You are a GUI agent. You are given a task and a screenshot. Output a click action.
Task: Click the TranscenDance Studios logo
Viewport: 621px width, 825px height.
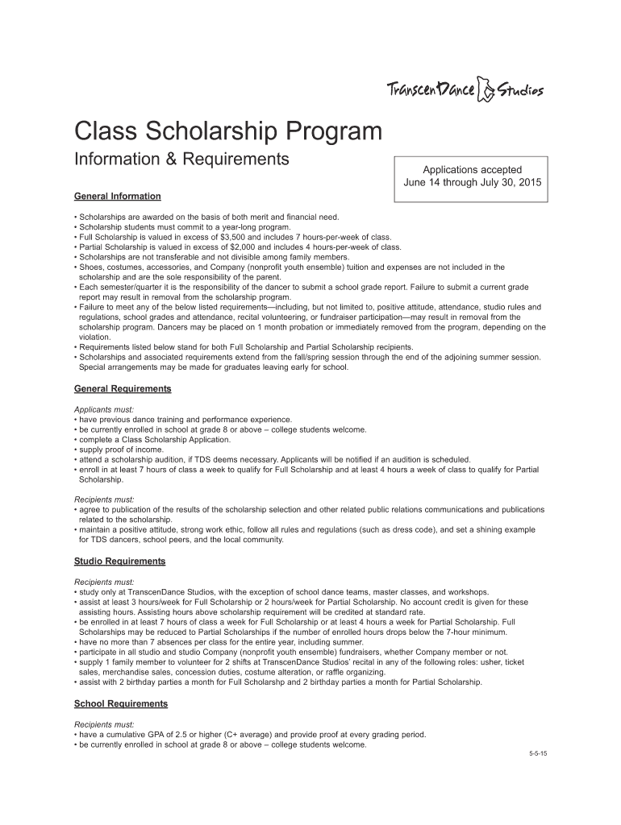[x=465, y=89]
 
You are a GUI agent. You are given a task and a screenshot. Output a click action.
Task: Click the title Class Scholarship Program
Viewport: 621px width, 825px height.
[x=228, y=131]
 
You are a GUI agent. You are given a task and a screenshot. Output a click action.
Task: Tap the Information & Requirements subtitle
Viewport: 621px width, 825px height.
[x=181, y=159]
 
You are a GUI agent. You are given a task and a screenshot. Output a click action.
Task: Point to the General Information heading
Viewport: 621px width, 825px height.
[x=118, y=197]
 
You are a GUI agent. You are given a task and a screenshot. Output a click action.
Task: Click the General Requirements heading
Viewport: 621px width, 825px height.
[x=123, y=389]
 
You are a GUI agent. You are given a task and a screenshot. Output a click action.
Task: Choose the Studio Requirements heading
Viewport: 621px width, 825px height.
[x=120, y=562]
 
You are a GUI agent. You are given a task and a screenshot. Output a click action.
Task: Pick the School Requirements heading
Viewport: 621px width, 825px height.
[x=121, y=704]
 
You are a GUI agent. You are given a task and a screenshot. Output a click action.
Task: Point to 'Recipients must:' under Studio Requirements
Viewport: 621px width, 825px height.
[x=104, y=581]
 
